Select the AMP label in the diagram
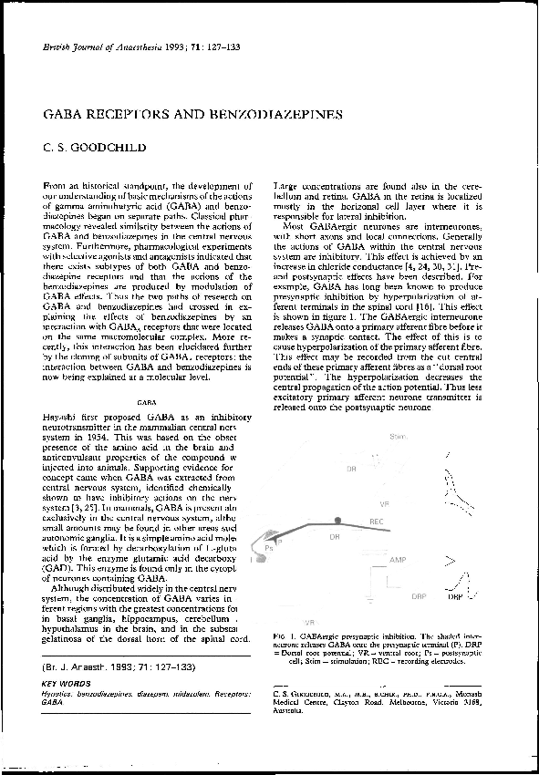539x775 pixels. [x=399, y=558]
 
